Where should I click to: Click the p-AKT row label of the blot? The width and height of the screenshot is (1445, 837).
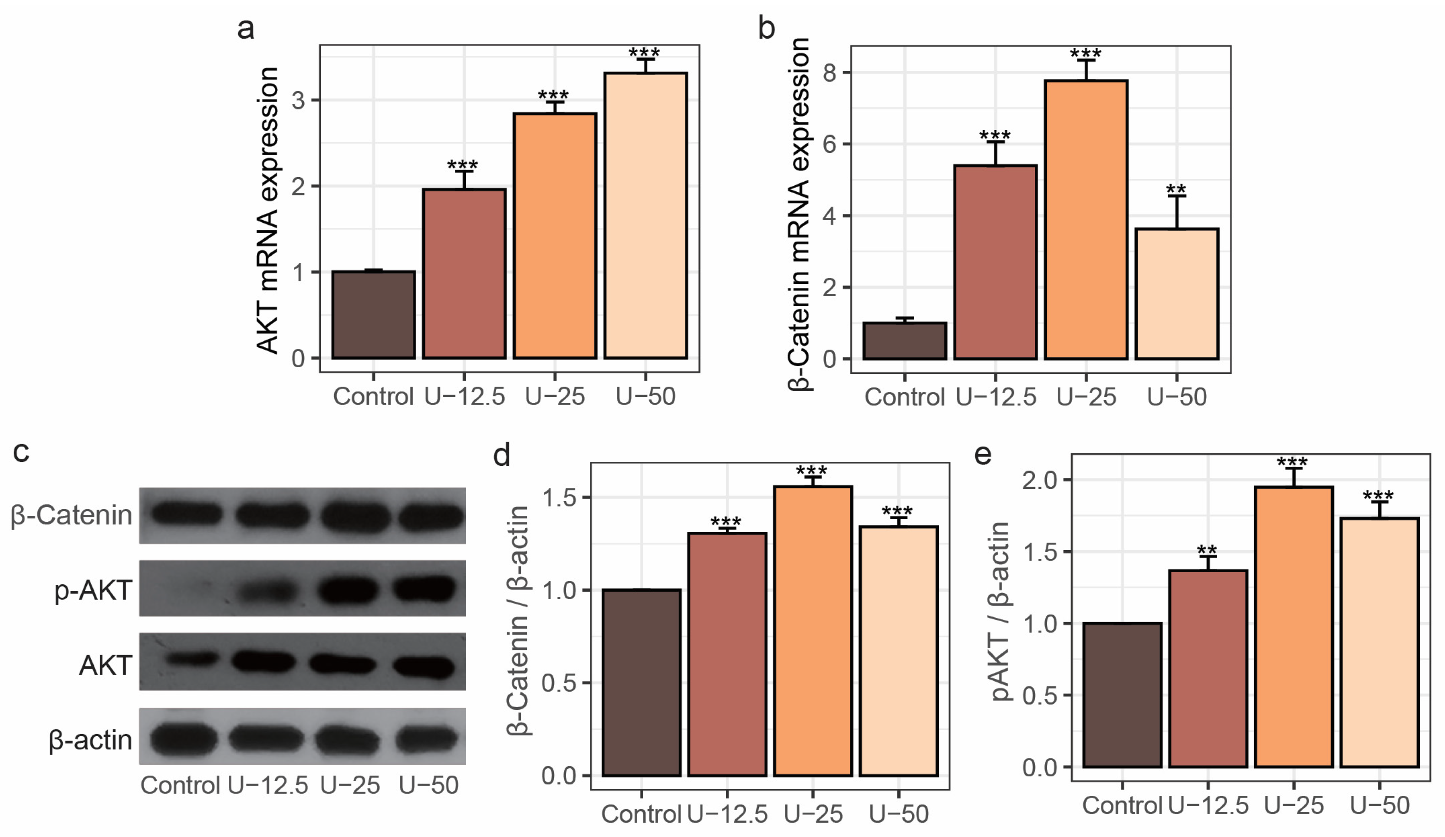click(93, 590)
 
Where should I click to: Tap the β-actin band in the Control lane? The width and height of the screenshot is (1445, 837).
click(184, 738)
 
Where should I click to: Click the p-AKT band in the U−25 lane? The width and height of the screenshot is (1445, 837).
click(348, 590)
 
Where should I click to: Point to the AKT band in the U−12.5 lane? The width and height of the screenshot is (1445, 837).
click(264, 662)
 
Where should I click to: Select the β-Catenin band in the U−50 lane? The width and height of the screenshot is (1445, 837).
click(430, 516)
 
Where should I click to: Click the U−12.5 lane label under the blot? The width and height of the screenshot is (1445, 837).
click(268, 785)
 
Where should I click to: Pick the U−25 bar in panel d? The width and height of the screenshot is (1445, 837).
click(813, 631)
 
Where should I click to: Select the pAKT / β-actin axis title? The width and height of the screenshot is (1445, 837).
click(1000, 611)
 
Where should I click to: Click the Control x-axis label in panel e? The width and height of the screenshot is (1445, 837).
click(1122, 805)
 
